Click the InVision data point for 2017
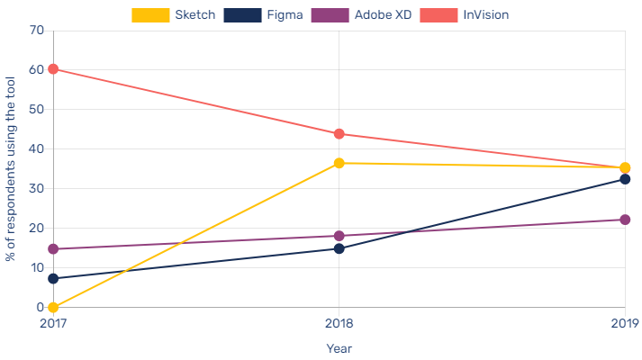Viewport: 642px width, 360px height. click(x=53, y=69)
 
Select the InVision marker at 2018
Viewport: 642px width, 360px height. click(x=339, y=134)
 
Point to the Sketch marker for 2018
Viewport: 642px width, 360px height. click(x=339, y=163)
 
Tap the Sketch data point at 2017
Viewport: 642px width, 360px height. click(x=53, y=307)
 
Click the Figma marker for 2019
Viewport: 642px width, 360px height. click(x=625, y=179)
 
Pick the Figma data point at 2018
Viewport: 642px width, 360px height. click(x=339, y=248)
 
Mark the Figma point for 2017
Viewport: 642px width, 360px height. click(x=53, y=278)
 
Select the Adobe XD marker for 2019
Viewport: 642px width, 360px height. click(x=625, y=220)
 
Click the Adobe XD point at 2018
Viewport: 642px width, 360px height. click(x=339, y=236)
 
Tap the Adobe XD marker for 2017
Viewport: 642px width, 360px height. click(x=53, y=249)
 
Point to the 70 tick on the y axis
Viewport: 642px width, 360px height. click(x=37, y=30)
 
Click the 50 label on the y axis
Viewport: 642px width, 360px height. click(x=37, y=109)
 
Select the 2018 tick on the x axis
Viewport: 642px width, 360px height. click(x=339, y=323)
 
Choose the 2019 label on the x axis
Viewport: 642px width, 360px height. click(x=624, y=323)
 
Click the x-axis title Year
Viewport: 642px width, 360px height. click(x=339, y=347)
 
